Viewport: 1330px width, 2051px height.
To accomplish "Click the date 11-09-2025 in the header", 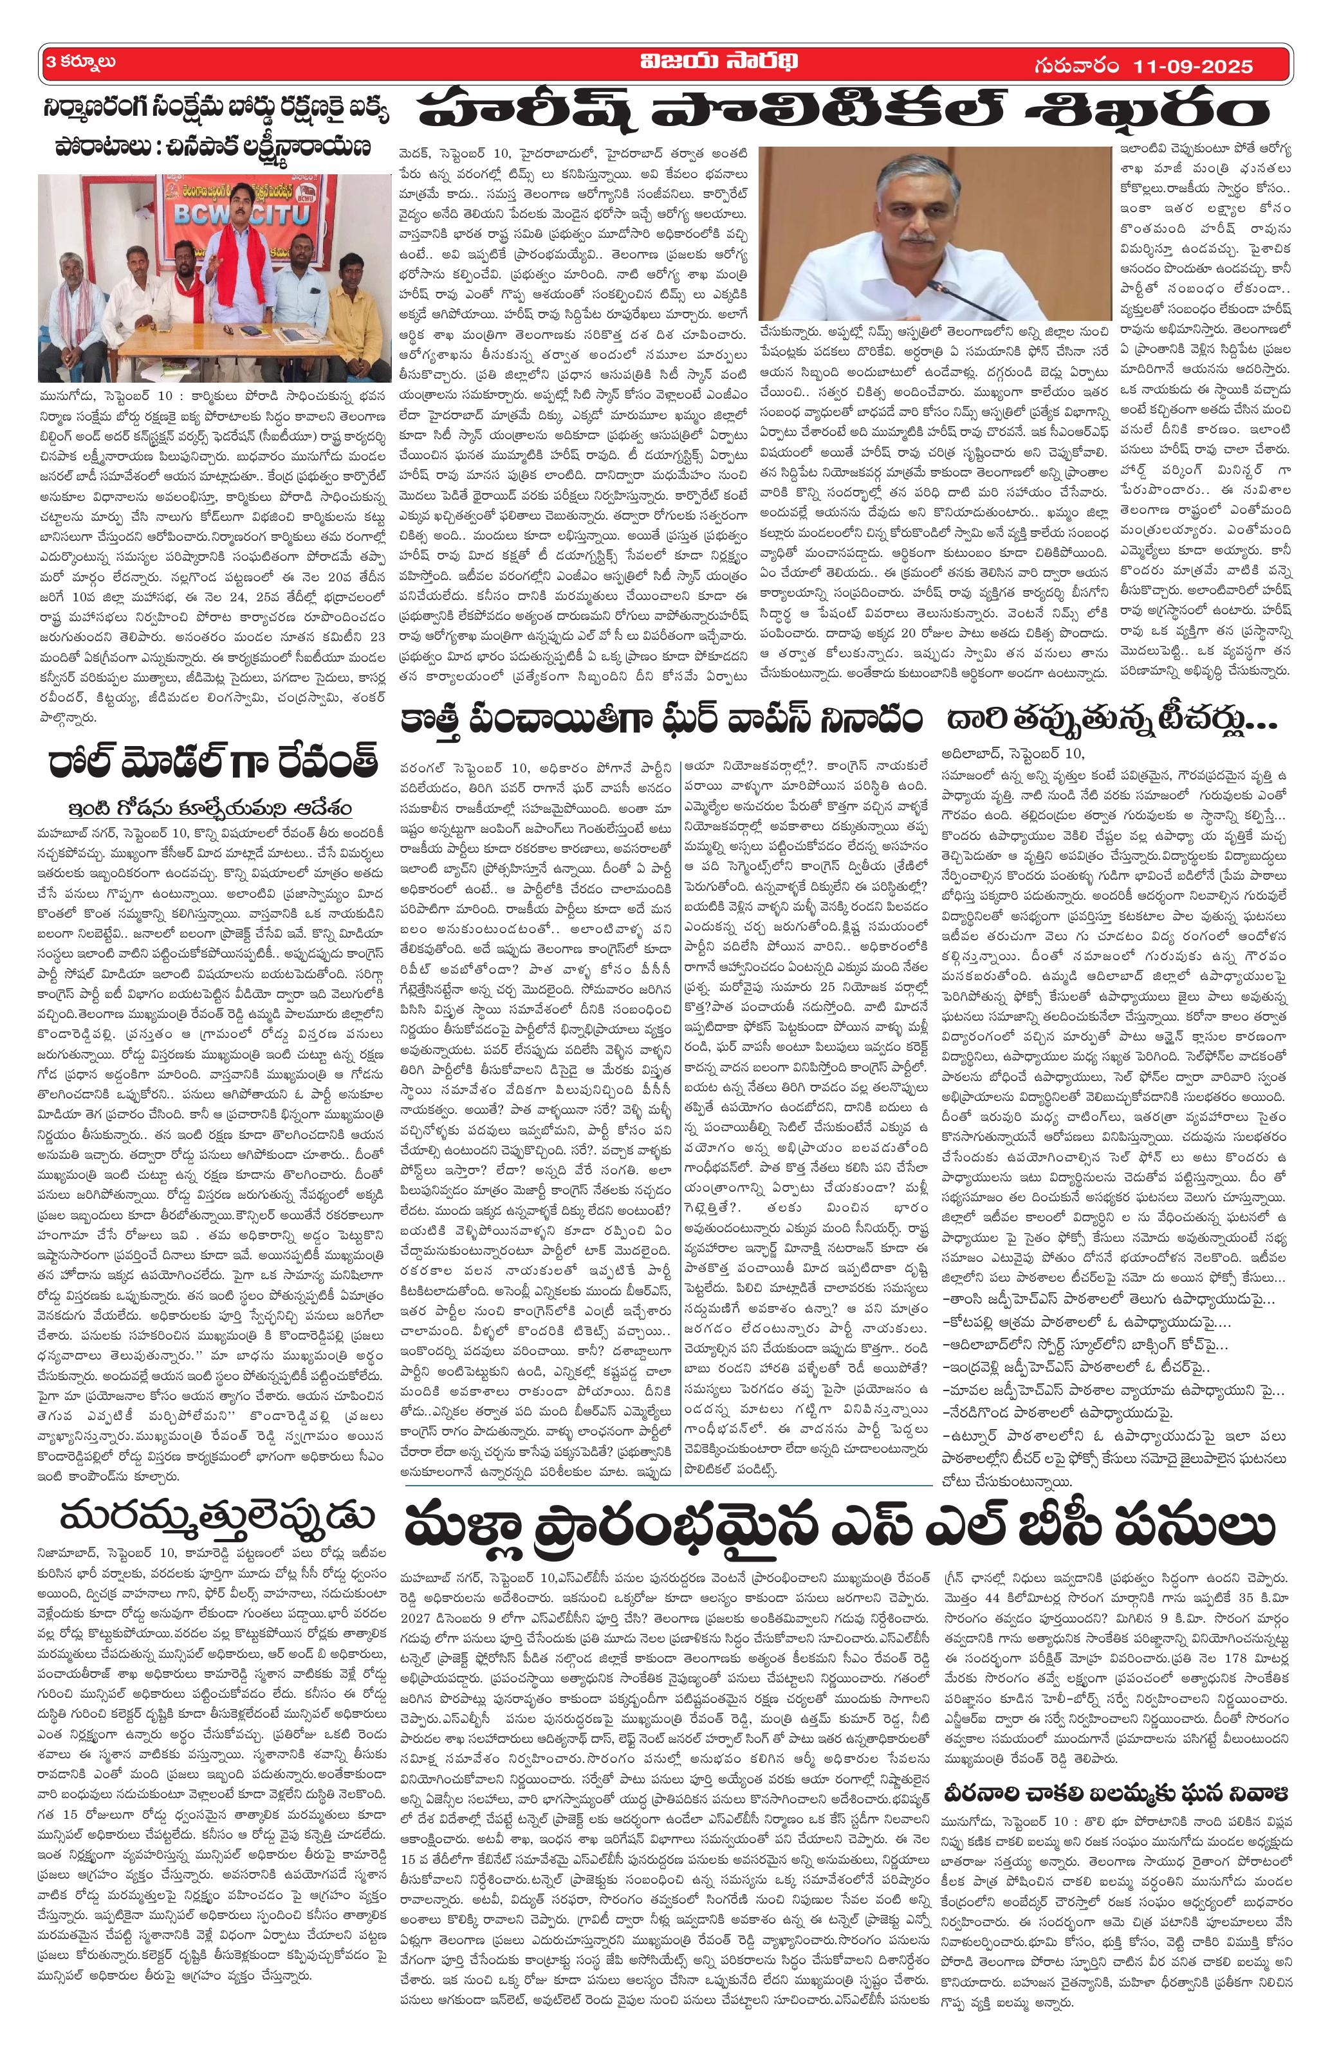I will tap(1193, 66).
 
